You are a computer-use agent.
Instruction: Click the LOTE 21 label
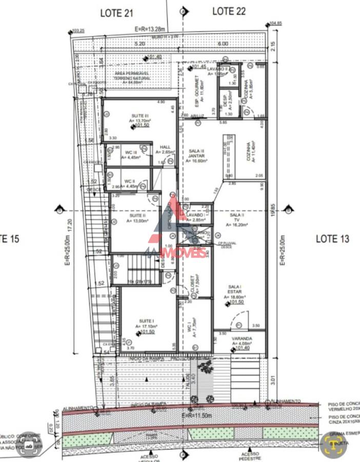pos(116,13)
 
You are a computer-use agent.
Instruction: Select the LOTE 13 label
pos(332,238)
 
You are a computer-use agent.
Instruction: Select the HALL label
pos(165,147)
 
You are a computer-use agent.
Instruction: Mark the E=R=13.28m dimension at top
pos(150,29)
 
